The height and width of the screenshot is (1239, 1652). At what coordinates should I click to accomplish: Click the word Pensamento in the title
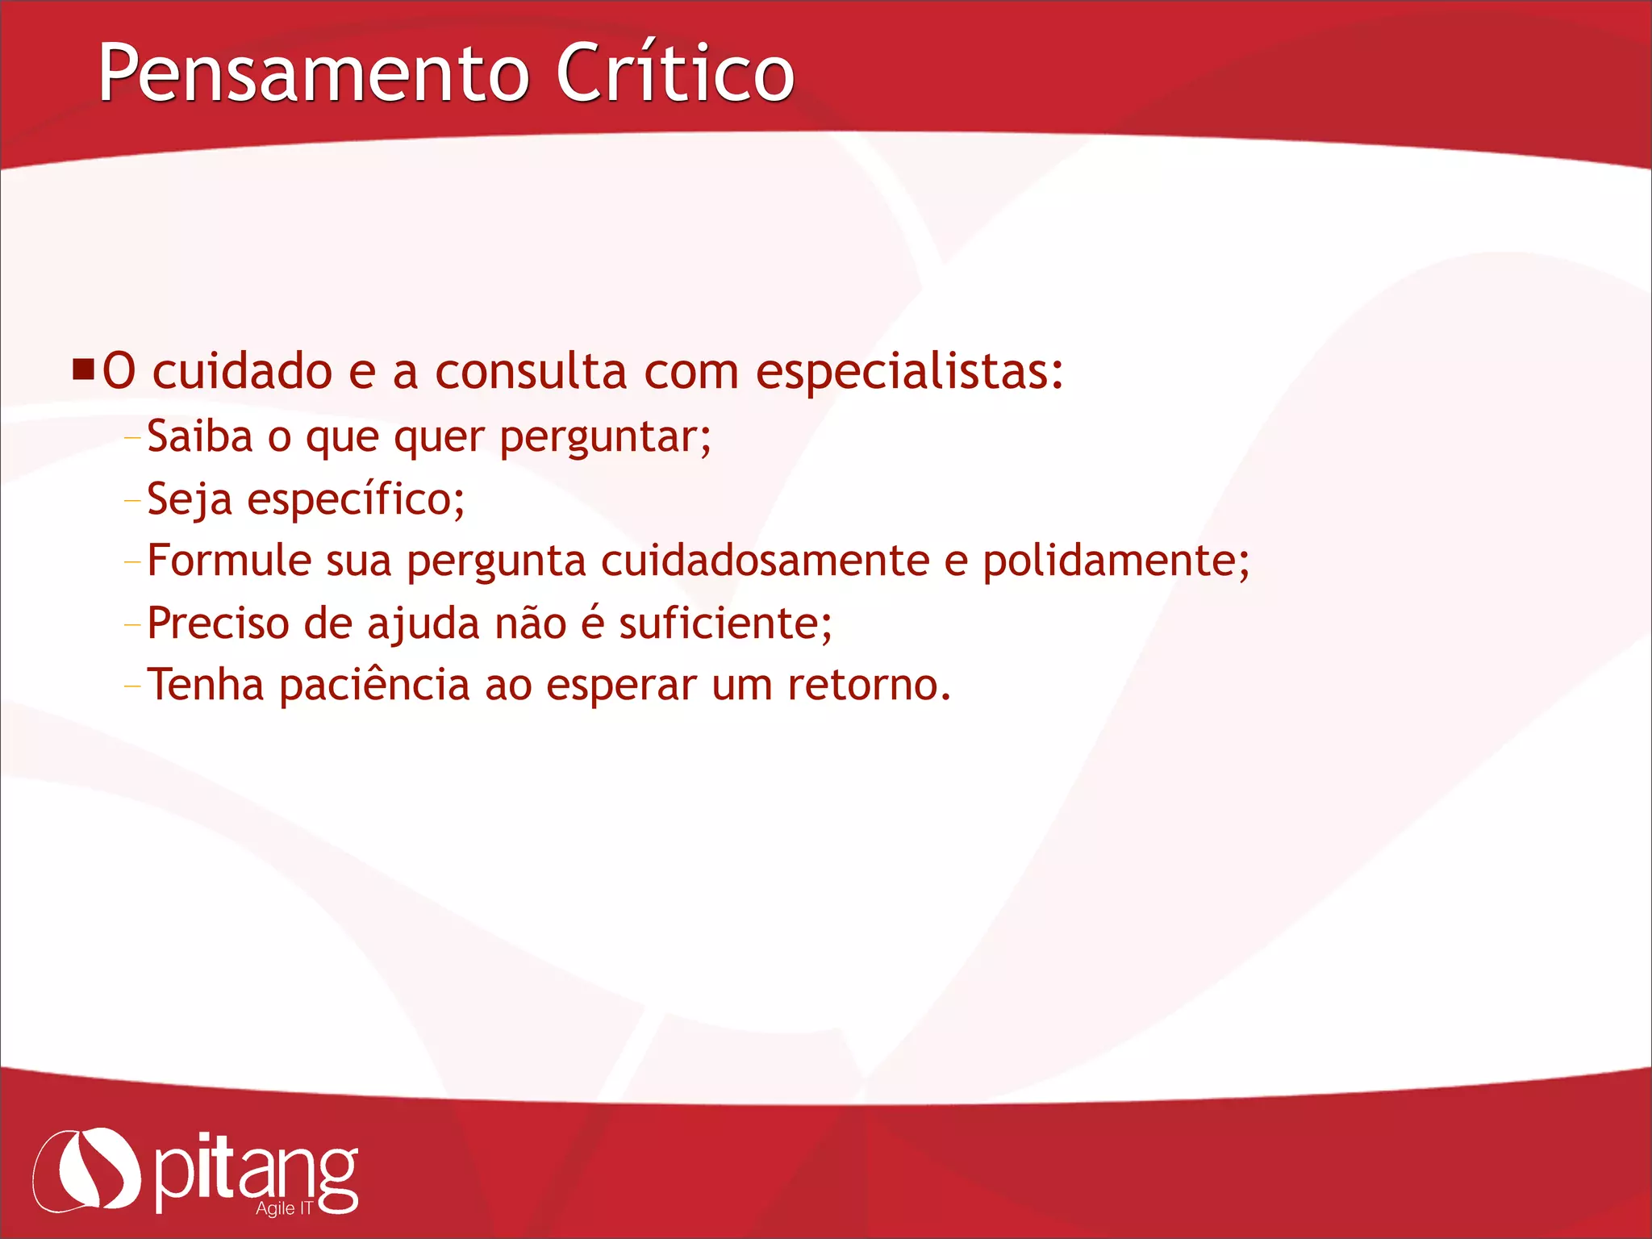pyautogui.click(x=313, y=74)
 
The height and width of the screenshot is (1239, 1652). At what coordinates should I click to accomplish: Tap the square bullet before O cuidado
pyautogui.click(x=83, y=370)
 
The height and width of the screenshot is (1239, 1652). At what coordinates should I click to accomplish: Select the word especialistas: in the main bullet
pyautogui.click(x=909, y=373)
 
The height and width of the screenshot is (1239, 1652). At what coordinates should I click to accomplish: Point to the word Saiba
pyautogui.click(x=200, y=436)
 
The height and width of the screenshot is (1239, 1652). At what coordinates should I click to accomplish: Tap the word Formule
pyautogui.click(x=229, y=561)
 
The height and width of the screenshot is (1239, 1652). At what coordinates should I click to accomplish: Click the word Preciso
pyautogui.click(x=218, y=624)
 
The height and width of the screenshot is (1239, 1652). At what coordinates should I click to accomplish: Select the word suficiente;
pyautogui.click(x=725, y=624)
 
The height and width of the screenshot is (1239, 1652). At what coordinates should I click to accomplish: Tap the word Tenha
pyautogui.click(x=206, y=685)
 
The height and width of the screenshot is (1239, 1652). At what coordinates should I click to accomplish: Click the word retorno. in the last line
pyautogui.click(x=869, y=686)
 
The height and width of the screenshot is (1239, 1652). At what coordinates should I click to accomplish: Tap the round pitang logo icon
pyautogui.click(x=87, y=1170)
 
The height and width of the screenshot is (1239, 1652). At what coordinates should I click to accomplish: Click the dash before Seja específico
pyautogui.click(x=132, y=501)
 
